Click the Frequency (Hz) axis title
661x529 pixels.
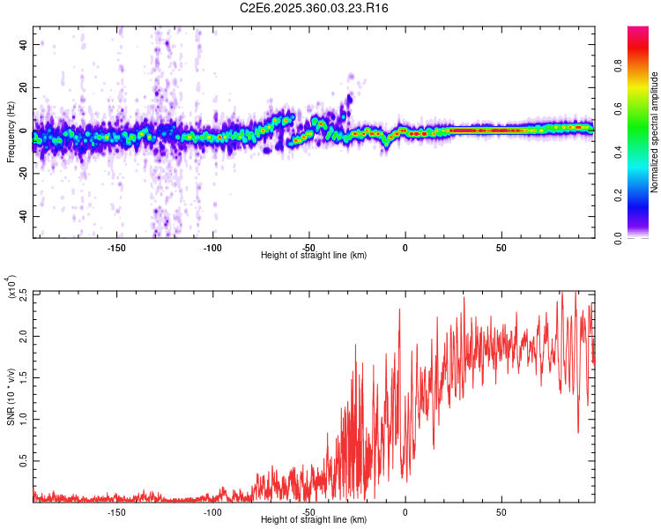11,132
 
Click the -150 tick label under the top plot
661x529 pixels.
116,248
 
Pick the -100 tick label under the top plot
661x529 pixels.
212,248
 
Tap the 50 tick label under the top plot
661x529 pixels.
501,248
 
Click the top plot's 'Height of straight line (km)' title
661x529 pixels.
314,256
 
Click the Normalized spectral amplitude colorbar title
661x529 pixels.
654,132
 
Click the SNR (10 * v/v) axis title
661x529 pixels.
11,396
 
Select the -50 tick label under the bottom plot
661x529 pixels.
308,512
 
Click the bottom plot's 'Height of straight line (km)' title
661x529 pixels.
314,520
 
